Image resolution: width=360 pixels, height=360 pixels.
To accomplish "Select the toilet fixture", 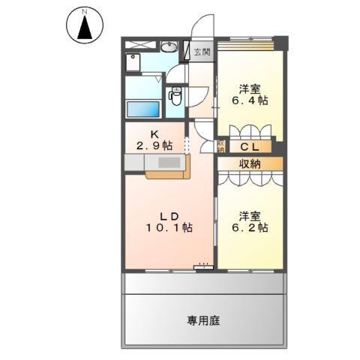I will [177, 97].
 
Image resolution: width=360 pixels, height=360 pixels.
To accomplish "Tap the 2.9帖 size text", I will [155, 146].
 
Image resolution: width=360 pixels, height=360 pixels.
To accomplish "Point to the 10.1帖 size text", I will [170, 227].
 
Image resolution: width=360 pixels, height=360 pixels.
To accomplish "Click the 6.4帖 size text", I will [250, 100].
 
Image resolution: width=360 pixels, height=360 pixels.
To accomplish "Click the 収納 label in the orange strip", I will [250, 164].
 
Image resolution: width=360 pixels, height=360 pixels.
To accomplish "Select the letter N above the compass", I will [85, 12].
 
